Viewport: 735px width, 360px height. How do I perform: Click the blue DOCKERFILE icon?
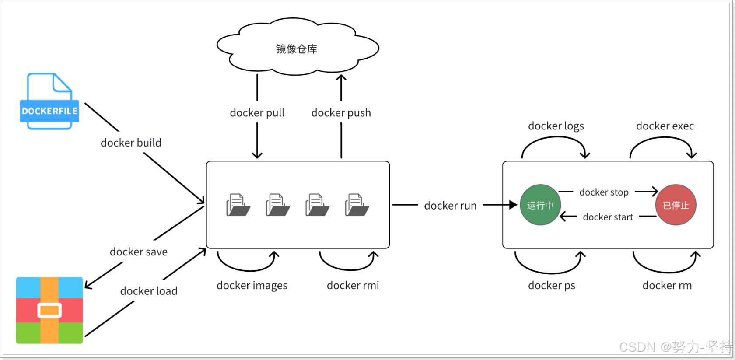click(x=49, y=101)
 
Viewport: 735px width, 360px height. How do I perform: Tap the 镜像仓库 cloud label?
click(x=297, y=49)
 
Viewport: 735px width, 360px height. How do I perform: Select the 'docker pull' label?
click(x=257, y=113)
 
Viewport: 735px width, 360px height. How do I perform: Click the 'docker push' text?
click(x=341, y=113)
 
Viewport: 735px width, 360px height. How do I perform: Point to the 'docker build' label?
click(x=131, y=143)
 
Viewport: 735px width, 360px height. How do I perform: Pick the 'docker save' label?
click(x=138, y=252)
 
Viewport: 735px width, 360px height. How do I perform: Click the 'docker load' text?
click(x=149, y=291)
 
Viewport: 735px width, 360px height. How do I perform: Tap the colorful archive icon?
click(x=49, y=310)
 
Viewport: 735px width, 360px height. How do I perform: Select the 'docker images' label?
click(x=252, y=286)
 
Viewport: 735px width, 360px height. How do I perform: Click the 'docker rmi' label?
click(x=353, y=286)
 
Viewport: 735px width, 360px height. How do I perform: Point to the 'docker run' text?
click(x=450, y=206)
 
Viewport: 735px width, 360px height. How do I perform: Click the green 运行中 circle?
click(x=540, y=205)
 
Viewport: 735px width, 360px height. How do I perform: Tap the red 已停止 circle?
click(x=675, y=205)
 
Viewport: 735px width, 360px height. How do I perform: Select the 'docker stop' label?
click(x=604, y=192)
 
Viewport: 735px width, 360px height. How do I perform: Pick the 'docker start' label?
click(x=608, y=217)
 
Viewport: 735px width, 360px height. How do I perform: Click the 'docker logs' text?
click(x=556, y=126)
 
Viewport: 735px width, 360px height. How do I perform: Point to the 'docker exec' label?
click(x=665, y=126)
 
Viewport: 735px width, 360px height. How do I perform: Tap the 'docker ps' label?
click(x=551, y=286)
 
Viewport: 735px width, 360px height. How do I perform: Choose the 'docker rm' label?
click(x=667, y=286)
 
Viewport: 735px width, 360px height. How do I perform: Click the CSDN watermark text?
click(x=675, y=347)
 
